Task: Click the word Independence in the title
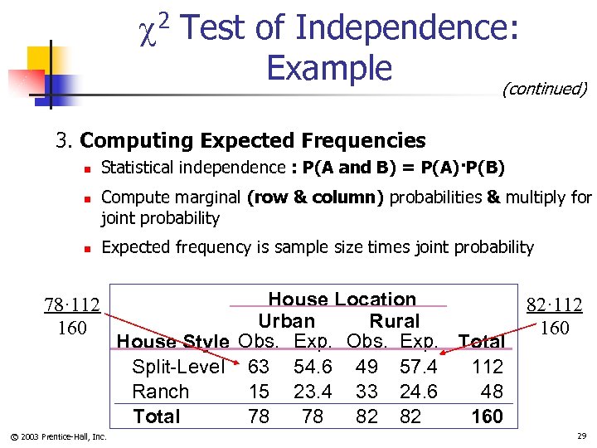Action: (406, 28)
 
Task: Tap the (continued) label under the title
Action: (544, 89)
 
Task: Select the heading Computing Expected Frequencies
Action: (253, 141)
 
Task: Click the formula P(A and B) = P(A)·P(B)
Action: (404, 168)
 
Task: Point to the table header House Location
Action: (342, 299)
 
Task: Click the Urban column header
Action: (286, 321)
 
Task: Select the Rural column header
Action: (395, 321)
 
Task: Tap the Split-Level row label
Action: (178, 367)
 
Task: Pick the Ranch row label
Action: (161, 392)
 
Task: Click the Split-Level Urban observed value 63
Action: (259, 367)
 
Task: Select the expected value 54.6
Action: (313, 367)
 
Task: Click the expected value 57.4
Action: (419, 367)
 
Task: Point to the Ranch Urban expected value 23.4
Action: (313, 392)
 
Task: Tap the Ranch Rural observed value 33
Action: (366, 392)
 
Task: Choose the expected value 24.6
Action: (419, 392)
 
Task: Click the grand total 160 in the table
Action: (487, 416)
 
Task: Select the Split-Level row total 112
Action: (487, 367)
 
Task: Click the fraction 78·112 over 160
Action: (72, 316)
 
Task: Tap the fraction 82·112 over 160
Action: (555, 316)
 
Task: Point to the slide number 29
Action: (580, 436)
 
